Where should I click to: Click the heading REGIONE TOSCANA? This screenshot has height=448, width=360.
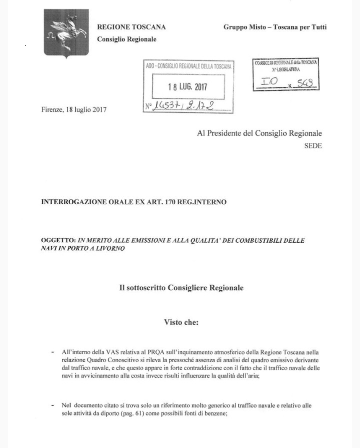[x=131, y=27]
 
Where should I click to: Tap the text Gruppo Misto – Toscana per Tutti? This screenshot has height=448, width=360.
[x=275, y=27]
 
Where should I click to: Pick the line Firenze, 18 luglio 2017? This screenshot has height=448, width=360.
[x=74, y=109]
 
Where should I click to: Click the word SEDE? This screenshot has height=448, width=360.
[x=313, y=146]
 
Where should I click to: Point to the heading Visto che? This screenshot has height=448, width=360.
[x=181, y=322]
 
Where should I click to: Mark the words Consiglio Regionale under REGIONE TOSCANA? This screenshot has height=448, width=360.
[x=126, y=39]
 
